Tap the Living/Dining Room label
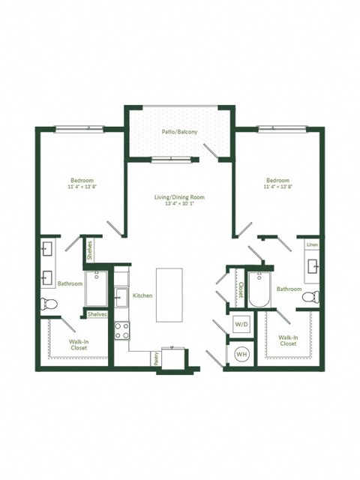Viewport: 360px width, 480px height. (179, 197)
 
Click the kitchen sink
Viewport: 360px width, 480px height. (121, 295)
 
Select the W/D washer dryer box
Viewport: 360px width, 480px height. (241, 325)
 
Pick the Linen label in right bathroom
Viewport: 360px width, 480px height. (312, 245)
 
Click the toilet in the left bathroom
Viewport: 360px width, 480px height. (49, 304)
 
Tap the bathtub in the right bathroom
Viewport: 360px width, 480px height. (259, 289)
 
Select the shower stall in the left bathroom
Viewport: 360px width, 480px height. (97, 288)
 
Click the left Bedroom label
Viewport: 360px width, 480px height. (82, 181)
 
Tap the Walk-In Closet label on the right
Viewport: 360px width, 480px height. (288, 340)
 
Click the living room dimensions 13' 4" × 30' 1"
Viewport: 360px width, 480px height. (179, 204)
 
